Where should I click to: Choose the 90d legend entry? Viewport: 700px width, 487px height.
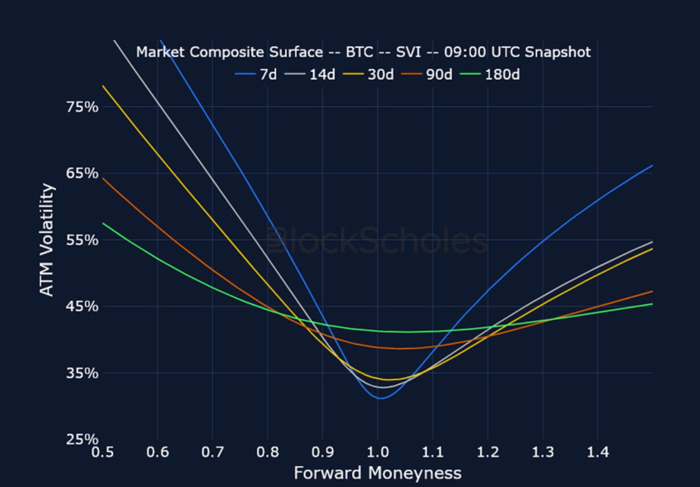(x=430, y=74)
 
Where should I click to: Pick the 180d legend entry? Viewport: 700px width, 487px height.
(x=493, y=74)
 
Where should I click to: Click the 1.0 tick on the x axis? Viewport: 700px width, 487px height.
(x=378, y=453)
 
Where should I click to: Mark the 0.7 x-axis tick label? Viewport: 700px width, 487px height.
(x=213, y=453)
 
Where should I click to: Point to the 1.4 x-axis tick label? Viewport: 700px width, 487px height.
(x=598, y=453)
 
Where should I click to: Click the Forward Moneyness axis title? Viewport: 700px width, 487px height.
(x=377, y=473)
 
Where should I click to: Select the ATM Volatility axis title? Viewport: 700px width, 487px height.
(x=48, y=240)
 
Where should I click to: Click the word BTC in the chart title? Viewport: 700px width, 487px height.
(x=357, y=52)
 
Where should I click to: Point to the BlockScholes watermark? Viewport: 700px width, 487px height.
(x=377, y=241)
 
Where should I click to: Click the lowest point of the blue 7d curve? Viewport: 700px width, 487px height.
(x=381, y=398)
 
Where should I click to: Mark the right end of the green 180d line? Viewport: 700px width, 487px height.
(x=652, y=304)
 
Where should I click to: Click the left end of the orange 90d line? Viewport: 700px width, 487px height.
(x=103, y=178)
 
